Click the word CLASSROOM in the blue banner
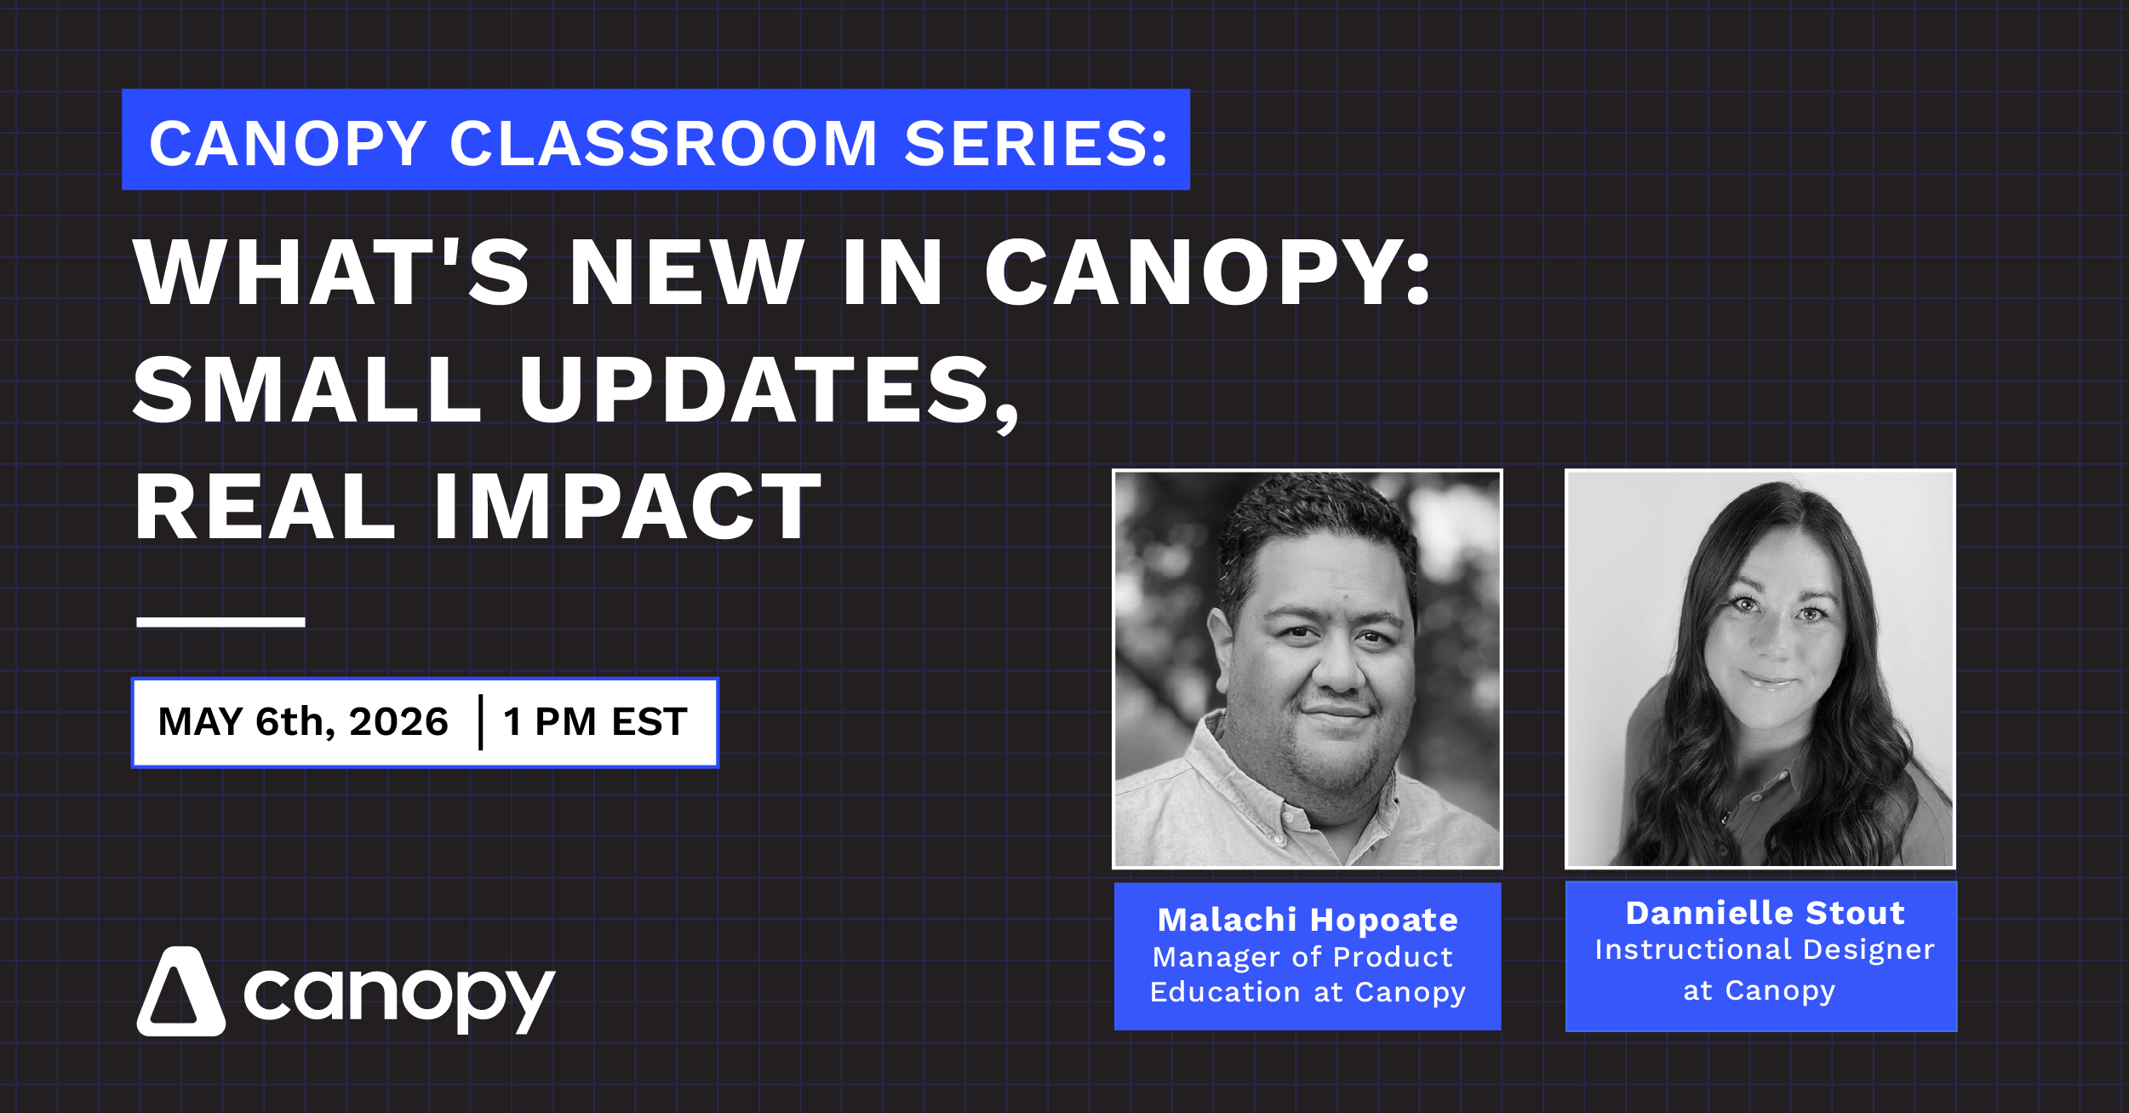coord(663,143)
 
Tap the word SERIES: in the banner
coord(1036,143)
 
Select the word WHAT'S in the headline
coord(332,273)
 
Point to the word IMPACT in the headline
coord(627,508)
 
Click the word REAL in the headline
coord(265,508)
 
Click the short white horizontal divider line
coord(220,622)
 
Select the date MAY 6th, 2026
coord(303,722)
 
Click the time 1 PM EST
coord(595,722)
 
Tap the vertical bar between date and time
coord(481,722)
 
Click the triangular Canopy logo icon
coord(180,993)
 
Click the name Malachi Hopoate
coord(1308,920)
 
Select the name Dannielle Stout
coord(1765,913)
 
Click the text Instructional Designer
coord(1765,949)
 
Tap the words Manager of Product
coord(1302,957)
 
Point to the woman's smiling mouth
coord(1769,680)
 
